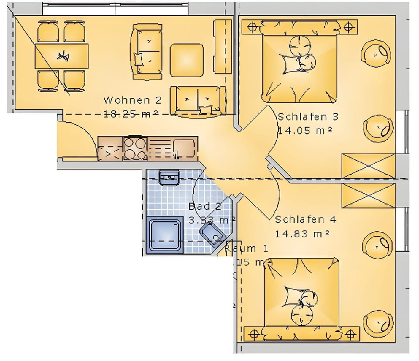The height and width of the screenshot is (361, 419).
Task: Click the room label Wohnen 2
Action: [132, 100]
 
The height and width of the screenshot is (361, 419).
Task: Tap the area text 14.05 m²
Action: [305, 130]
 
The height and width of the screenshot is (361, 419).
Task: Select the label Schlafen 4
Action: [306, 220]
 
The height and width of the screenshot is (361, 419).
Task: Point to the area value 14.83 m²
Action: [302, 234]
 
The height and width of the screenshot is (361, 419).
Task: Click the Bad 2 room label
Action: [205, 206]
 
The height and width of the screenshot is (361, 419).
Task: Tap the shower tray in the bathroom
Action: [165, 235]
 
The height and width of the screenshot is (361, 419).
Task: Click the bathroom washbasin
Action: [169, 178]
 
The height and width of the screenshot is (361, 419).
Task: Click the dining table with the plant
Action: [62, 56]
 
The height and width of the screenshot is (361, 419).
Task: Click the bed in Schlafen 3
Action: [300, 65]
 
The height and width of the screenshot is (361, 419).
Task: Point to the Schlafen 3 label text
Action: [308, 117]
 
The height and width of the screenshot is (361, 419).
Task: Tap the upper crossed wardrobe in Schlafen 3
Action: [369, 166]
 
